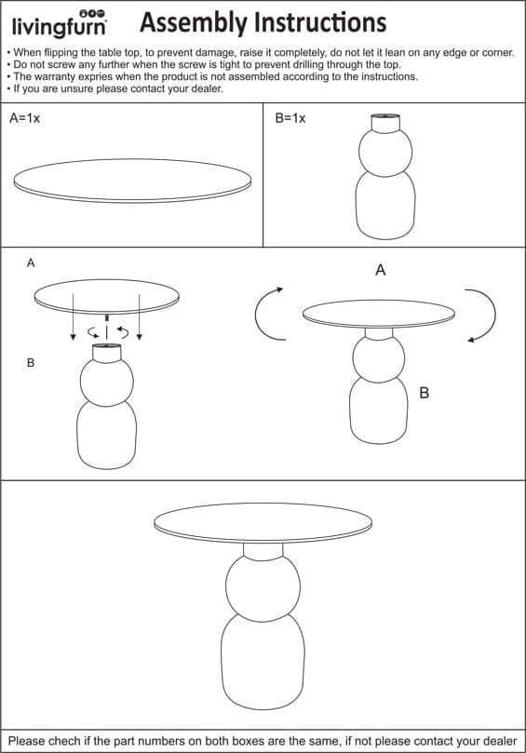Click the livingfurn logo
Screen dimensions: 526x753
(x=59, y=23)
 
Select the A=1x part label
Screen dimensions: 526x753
(x=24, y=118)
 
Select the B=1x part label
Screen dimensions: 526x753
(x=290, y=118)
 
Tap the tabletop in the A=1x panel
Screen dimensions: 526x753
(x=132, y=181)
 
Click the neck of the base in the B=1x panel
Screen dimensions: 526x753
(x=385, y=123)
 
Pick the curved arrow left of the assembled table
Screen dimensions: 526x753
(x=268, y=314)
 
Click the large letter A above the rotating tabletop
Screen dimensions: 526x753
(x=381, y=270)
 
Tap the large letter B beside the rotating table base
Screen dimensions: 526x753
(x=424, y=393)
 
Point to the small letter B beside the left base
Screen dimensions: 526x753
(x=31, y=363)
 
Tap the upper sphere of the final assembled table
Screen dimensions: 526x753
(x=263, y=585)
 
